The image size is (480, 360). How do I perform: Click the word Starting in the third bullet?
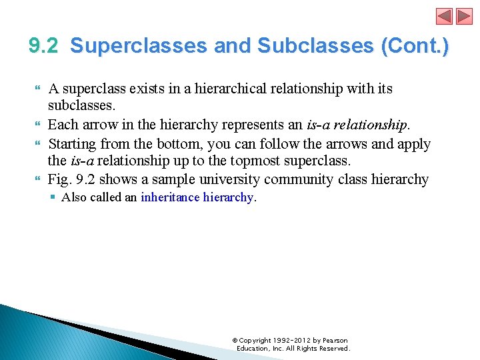pos(76,144)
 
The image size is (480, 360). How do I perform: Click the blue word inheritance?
pos(170,197)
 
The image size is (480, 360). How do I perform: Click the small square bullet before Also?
pos(53,197)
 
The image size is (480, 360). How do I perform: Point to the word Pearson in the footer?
pos(335,341)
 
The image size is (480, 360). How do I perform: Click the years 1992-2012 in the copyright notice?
pos(289,341)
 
